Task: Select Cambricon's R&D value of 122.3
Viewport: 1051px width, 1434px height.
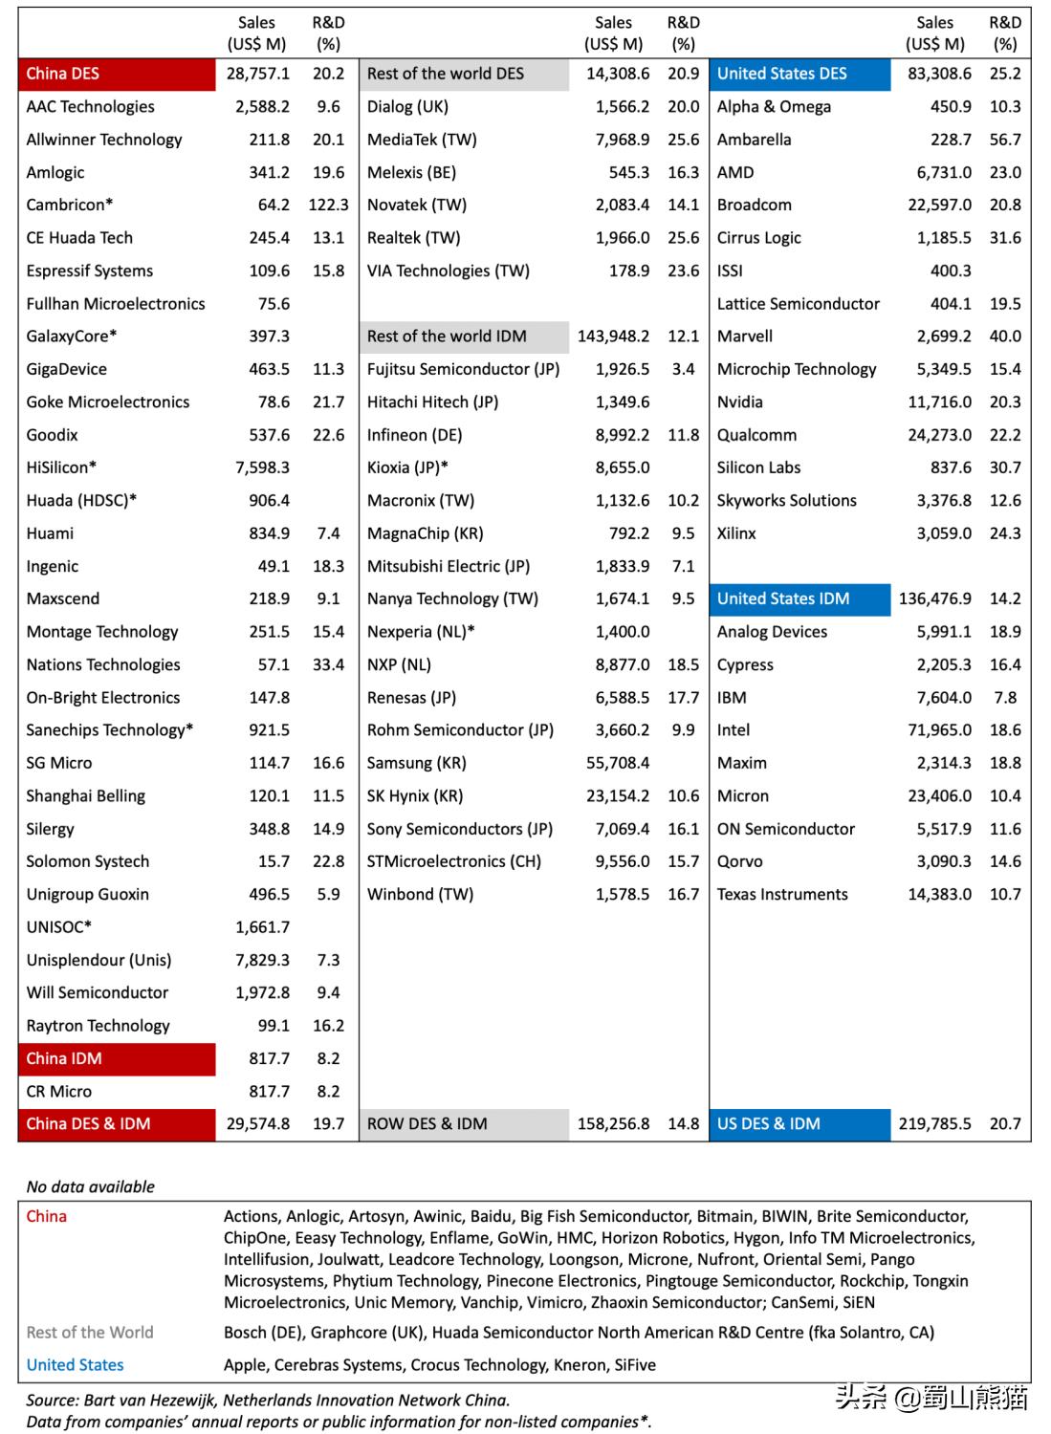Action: click(328, 205)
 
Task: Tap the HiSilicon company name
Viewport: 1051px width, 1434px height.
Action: click(61, 467)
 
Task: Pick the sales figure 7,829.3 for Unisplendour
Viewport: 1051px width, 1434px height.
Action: click(262, 960)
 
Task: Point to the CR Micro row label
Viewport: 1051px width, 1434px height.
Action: click(59, 1091)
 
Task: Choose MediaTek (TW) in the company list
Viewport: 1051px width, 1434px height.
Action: click(422, 140)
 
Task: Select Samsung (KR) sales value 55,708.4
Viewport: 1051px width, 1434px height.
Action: click(617, 763)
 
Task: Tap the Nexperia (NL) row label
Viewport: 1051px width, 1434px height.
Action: click(421, 632)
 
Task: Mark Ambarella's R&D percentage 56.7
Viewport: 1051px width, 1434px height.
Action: click(1005, 140)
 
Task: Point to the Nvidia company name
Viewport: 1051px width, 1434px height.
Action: click(740, 402)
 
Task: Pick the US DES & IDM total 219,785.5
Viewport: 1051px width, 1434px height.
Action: click(934, 1124)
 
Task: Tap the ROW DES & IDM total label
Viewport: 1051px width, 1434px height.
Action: click(427, 1124)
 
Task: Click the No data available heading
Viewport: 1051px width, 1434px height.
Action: click(91, 1186)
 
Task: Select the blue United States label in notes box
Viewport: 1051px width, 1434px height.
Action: click(76, 1365)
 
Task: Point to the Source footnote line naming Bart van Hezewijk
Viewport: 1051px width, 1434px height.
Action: click(268, 1401)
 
